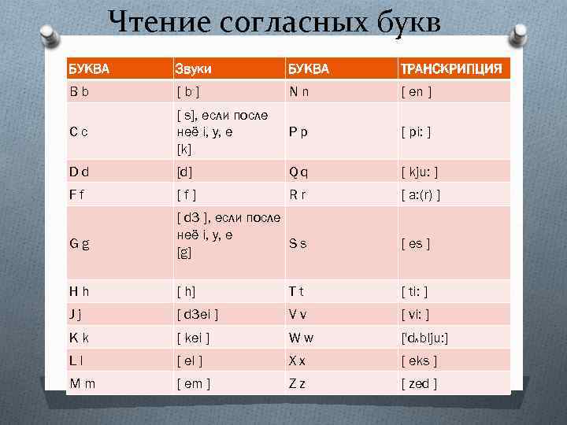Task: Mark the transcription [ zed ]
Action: tap(419, 383)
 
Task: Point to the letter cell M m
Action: tap(81, 383)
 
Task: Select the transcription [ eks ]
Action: tap(419, 361)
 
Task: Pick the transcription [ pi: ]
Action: tap(417, 131)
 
